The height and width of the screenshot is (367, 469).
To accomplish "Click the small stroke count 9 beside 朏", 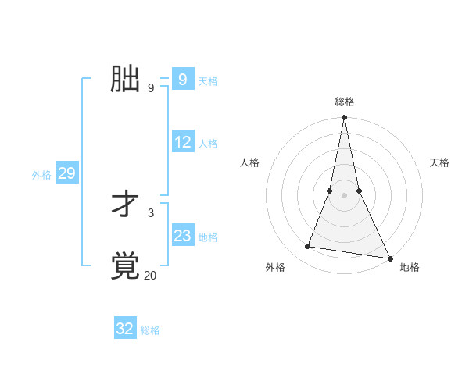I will pos(151,88).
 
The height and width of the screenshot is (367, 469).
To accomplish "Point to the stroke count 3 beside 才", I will pos(151,212).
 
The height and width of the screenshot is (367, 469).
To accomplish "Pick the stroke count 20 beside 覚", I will pos(151,275).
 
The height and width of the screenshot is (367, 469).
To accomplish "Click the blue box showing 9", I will pos(183,80).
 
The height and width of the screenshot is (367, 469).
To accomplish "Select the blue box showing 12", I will pos(183,142).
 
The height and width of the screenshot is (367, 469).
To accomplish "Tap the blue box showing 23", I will pos(183,235).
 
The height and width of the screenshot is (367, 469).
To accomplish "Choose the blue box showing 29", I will pos(66,173).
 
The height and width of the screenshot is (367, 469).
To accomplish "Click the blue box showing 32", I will pos(125,329).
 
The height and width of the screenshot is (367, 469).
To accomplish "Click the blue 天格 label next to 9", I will pos(208,81).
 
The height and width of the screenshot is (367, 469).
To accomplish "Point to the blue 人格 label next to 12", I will pos(208,144).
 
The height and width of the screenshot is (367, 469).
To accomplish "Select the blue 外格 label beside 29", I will pos(41,175).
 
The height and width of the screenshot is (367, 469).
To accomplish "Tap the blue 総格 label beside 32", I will pos(150,330).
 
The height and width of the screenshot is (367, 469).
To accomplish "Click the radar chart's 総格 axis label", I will pos(345,102).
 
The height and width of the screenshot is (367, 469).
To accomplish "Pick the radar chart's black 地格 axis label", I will pos(410,268).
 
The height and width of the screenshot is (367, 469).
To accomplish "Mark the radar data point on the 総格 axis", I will pos(344,118).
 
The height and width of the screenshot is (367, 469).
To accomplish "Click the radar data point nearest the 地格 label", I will pos(389,258).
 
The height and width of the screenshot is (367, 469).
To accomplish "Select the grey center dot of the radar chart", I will pos(344,195).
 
